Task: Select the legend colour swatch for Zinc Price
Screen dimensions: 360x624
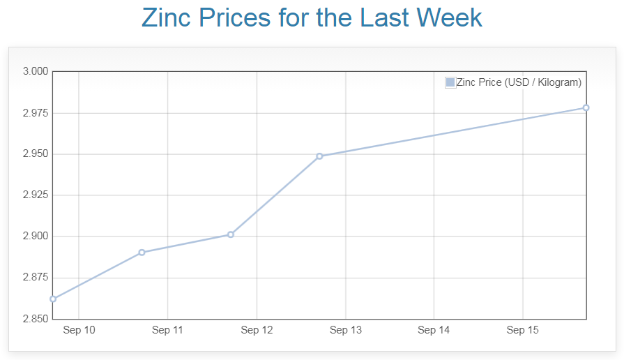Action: (450, 82)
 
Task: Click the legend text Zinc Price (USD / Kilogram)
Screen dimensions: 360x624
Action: (519, 82)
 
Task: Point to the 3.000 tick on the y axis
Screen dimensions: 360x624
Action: (35, 71)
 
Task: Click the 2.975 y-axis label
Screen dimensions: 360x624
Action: (35, 112)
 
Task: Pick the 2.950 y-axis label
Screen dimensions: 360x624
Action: (35, 153)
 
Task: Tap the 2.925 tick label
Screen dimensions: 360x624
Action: (35, 195)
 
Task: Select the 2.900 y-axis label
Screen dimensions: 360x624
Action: (35, 236)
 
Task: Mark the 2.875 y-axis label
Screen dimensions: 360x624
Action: (35, 278)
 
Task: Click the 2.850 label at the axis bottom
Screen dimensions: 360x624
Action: (35, 319)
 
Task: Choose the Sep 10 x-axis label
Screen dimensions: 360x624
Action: (79, 330)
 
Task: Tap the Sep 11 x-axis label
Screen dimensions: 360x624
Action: (167, 330)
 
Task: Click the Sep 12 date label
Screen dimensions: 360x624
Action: (257, 330)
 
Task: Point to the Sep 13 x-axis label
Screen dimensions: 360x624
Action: (345, 330)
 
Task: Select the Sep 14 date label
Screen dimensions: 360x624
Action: (434, 330)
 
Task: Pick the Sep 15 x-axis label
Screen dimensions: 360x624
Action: (522, 330)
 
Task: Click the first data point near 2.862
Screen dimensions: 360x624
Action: (53, 299)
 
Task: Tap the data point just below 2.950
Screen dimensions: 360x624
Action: (319, 156)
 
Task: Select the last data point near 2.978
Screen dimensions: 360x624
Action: (586, 107)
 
